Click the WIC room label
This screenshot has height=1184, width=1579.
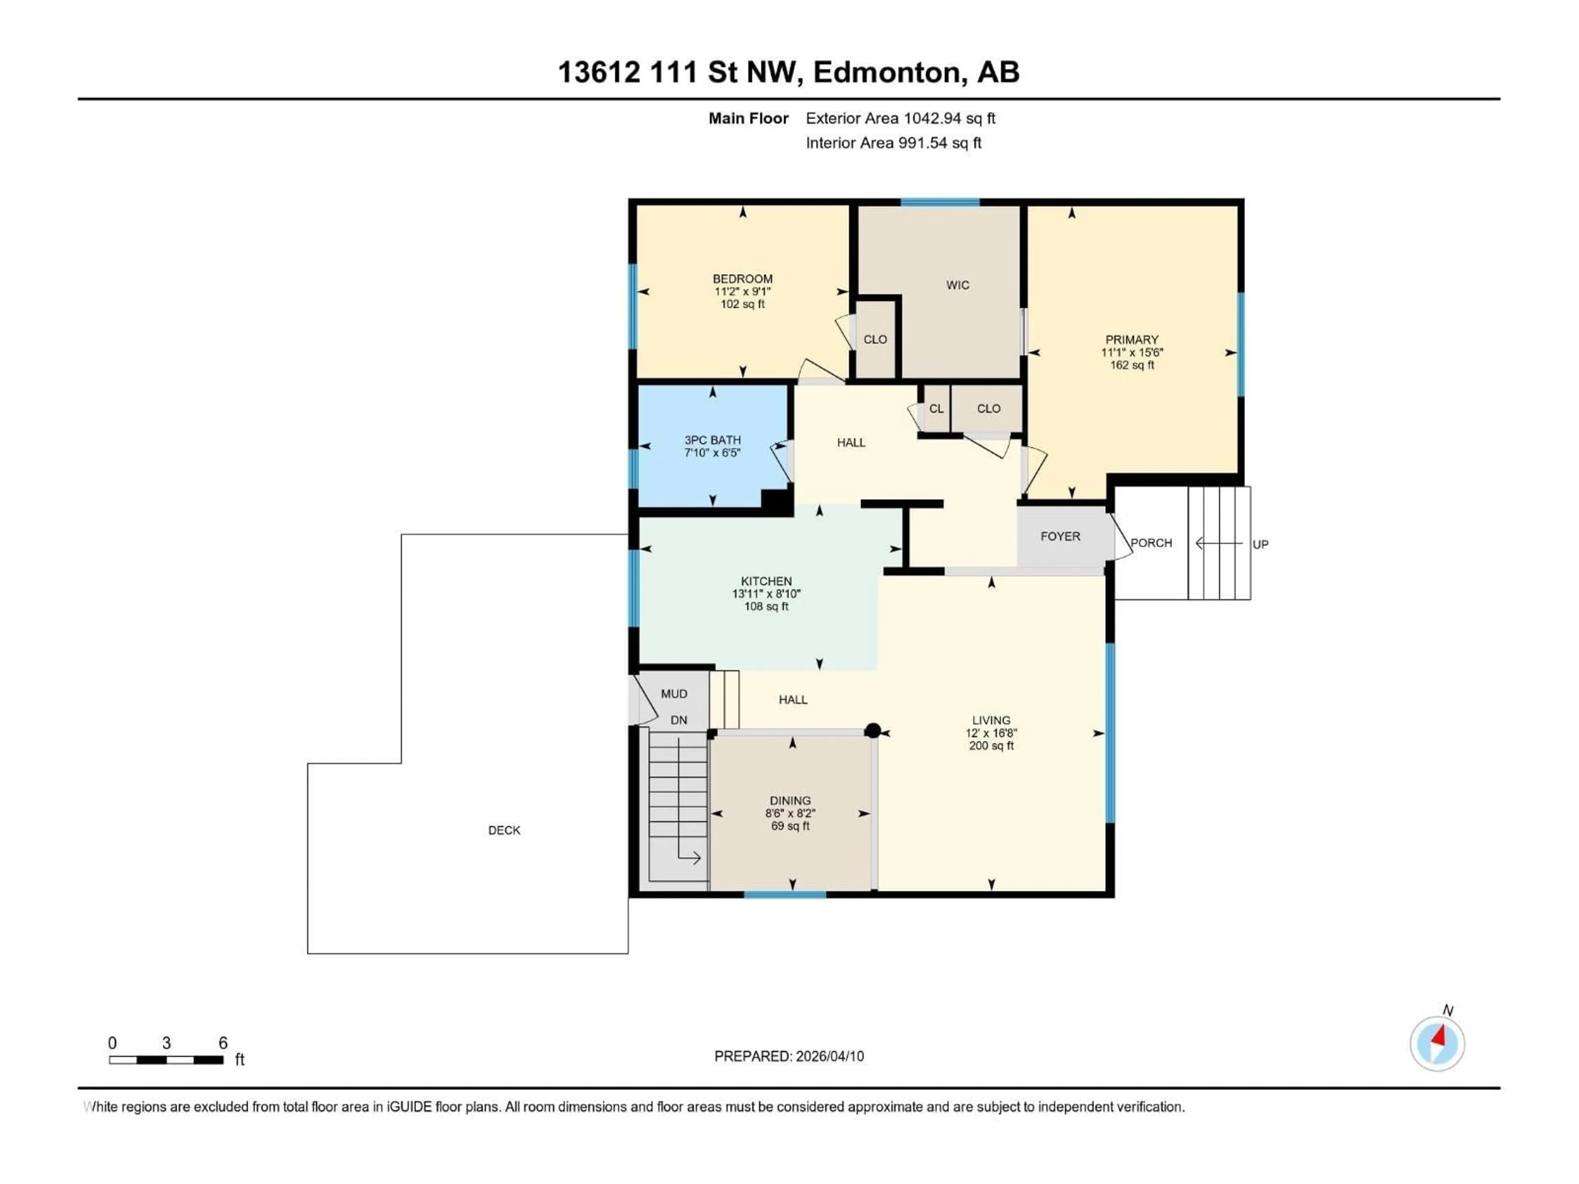tap(957, 285)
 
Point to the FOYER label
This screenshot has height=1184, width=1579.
tap(1060, 536)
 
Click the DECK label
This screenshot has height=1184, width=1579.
tap(504, 830)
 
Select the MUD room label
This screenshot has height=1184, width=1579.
tap(674, 694)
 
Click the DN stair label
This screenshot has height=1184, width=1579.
tap(678, 720)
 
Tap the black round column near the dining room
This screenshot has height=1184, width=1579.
tap(872, 730)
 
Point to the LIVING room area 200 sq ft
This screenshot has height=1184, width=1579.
tap(991, 746)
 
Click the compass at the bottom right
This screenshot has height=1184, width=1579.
tap(1437, 1043)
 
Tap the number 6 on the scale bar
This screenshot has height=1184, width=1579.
tap(223, 1043)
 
